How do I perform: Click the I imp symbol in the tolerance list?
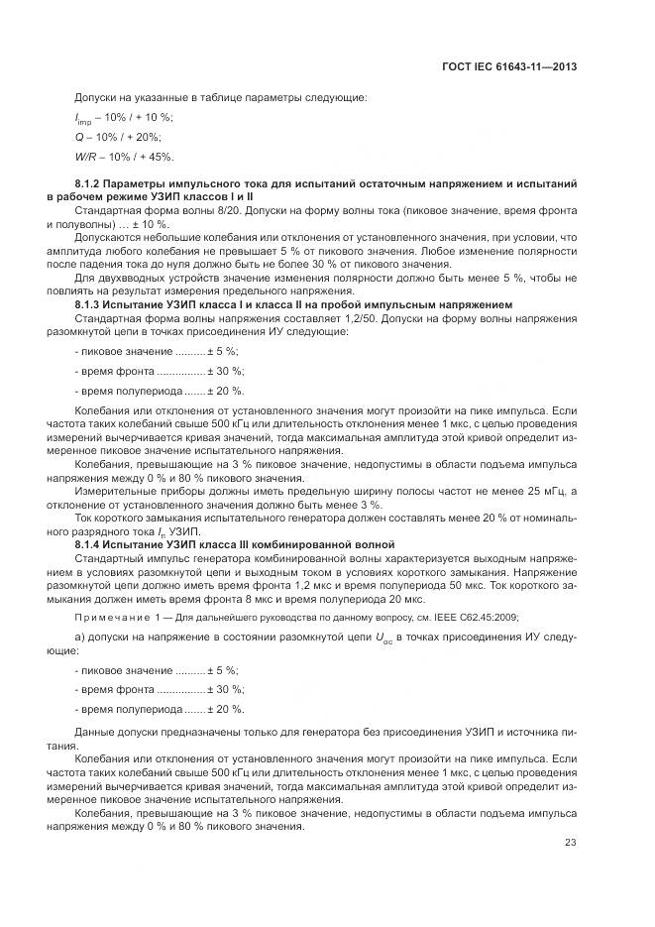[82, 118]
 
